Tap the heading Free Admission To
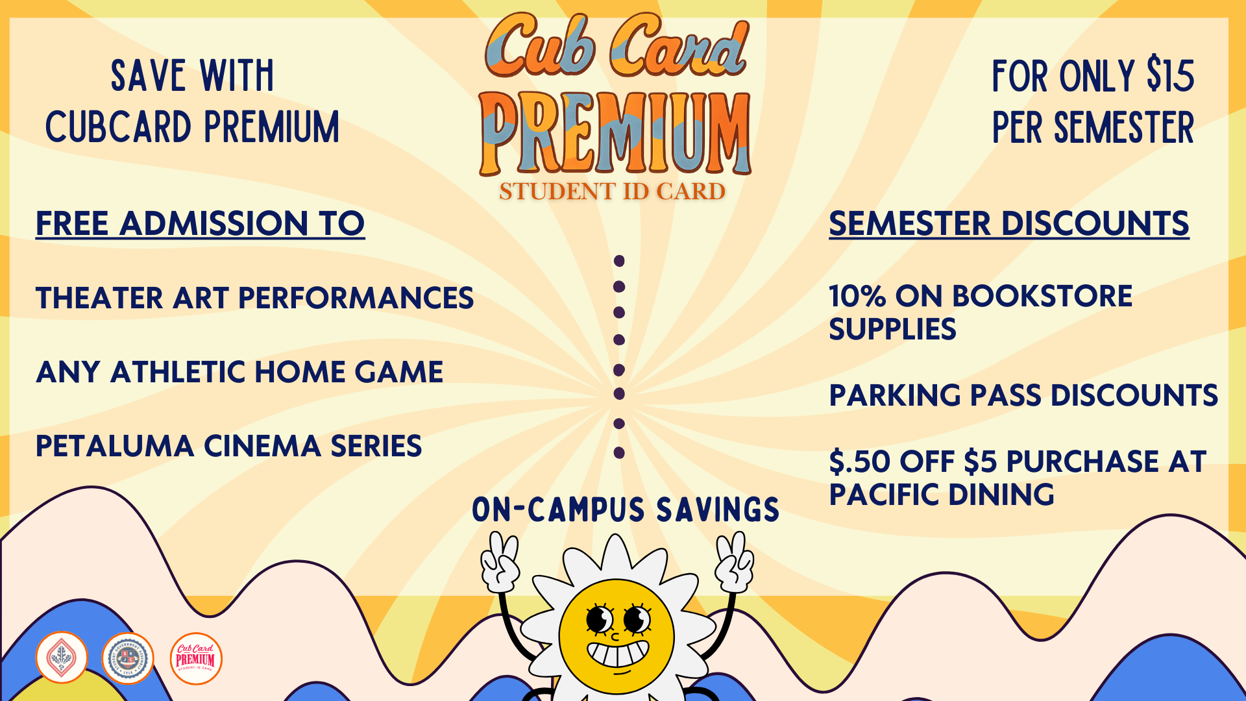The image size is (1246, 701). (200, 224)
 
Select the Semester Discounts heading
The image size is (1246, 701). (1008, 224)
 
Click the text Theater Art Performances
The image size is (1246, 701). (254, 299)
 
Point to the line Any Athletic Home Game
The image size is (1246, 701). (239, 373)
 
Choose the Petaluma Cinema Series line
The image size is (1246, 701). (228, 447)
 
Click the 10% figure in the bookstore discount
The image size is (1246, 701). (857, 297)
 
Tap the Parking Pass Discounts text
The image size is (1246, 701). (1023, 396)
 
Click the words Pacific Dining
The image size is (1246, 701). (941, 495)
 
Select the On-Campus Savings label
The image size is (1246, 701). (626, 510)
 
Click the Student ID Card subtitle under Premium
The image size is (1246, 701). (612, 191)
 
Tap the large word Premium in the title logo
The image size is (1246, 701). (615, 134)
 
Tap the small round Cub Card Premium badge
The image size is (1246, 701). (196, 658)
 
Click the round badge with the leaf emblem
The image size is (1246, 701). (62, 658)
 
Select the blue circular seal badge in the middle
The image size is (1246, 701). (128, 658)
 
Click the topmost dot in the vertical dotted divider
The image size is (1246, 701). (619, 261)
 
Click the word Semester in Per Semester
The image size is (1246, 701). (1123, 129)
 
